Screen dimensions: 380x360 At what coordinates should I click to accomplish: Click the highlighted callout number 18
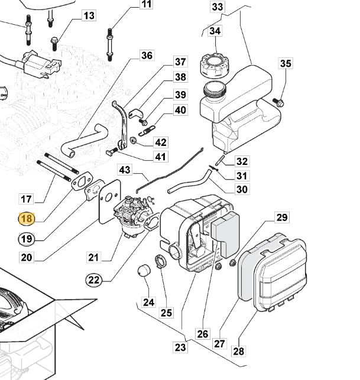tap(27, 219)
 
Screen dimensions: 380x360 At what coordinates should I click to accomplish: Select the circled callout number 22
tap(94, 280)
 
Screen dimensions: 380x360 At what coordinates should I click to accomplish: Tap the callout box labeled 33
tap(218, 7)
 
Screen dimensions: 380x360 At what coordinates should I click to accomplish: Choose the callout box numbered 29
tap(282, 218)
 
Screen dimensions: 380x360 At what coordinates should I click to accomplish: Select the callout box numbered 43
tap(124, 170)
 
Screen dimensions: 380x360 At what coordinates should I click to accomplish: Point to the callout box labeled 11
tap(146, 5)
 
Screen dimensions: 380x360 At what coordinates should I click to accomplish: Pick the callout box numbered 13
tap(88, 15)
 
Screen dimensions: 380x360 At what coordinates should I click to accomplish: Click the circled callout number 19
tap(26, 239)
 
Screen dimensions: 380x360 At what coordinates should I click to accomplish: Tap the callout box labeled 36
tap(146, 56)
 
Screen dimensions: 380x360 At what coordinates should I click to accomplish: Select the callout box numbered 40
tap(180, 110)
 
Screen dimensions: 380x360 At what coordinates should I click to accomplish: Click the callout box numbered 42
tap(160, 142)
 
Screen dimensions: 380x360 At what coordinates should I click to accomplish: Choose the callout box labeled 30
tap(242, 190)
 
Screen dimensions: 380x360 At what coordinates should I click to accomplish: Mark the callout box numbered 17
tap(26, 199)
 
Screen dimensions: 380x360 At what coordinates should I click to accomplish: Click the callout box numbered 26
tap(203, 334)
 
